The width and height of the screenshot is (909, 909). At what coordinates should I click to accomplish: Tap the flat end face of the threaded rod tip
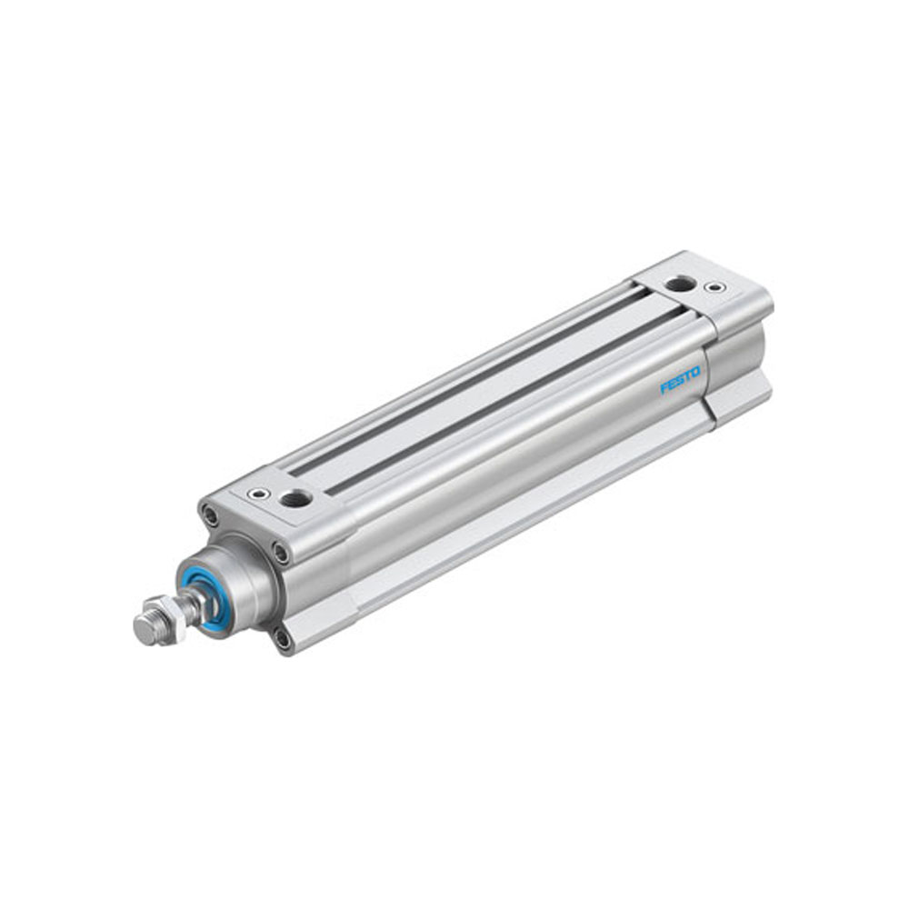[x=142, y=629]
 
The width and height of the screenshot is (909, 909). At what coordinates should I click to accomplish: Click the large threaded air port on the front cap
[x=295, y=497]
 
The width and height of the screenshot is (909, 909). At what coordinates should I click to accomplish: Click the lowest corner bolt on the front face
[x=285, y=639]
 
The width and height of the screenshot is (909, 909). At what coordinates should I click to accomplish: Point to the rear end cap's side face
[x=741, y=364]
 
